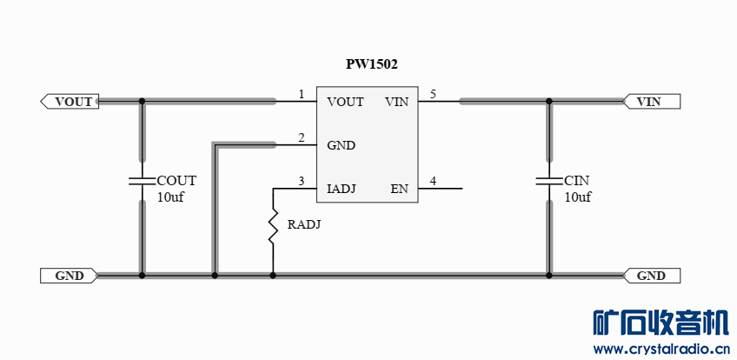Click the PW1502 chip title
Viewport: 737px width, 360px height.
(372, 64)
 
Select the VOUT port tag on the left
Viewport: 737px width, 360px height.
(70, 102)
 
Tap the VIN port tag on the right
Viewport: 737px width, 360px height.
(651, 102)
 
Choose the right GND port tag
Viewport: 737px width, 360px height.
(653, 276)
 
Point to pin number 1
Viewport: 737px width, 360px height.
(302, 94)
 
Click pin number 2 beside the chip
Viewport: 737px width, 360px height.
(302, 137)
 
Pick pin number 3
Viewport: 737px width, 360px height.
(302, 181)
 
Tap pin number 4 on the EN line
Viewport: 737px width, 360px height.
(433, 181)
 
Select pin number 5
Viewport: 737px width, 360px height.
(433, 94)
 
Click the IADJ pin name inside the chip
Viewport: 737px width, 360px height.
(342, 189)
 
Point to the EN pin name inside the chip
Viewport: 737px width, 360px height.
(399, 189)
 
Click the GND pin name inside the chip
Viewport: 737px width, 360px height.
(341, 145)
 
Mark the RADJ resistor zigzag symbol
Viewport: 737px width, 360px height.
(273, 225)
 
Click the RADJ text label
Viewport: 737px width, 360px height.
(303, 225)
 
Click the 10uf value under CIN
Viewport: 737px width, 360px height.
(577, 197)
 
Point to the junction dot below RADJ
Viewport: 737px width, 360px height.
(273, 276)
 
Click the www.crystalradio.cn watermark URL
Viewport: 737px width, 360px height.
(661, 350)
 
